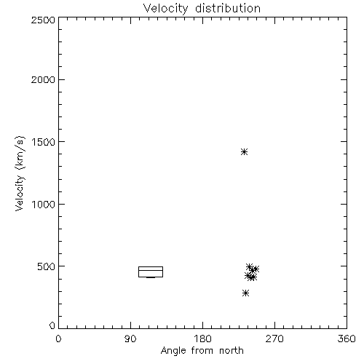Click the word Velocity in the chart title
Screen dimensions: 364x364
[165, 9]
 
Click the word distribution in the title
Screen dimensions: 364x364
[228, 8]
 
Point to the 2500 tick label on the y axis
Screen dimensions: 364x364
[43, 20]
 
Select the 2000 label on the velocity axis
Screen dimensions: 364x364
[43, 79]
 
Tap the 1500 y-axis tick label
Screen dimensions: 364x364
[44, 142]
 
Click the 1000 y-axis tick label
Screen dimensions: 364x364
[44, 205]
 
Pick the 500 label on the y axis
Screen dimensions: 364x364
[47, 266]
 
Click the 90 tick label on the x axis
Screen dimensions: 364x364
[130, 339]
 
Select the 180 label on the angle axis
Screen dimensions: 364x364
[202, 339]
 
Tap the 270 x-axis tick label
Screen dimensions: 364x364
[274, 339]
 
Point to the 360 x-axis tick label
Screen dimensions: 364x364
[347, 339]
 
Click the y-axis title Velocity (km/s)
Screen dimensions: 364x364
[20, 173]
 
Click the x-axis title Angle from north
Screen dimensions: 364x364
[202, 351]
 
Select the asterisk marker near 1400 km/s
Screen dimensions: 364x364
[244, 152]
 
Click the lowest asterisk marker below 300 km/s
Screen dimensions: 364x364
[245, 293]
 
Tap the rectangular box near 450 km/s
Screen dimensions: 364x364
[151, 267]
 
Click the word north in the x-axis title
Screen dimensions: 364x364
[232, 351]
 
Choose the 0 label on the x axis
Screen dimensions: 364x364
[58, 339]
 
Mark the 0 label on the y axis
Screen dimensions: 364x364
[52, 325]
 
